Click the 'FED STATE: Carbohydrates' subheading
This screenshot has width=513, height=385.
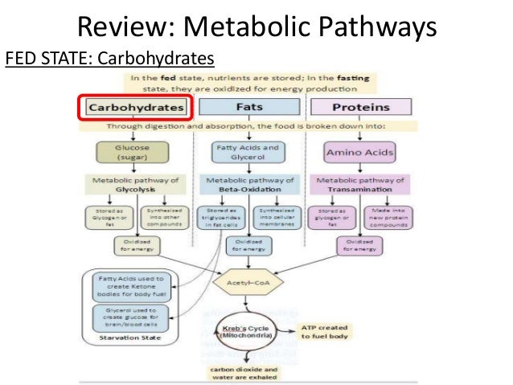coord(110,59)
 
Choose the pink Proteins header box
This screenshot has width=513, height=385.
coord(360,107)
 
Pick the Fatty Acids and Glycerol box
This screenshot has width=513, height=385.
coord(246,152)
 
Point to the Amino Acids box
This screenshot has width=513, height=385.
coord(358,152)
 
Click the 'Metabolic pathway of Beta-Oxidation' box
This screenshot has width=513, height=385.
coord(246,185)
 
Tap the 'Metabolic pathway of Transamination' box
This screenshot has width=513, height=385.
coord(358,185)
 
